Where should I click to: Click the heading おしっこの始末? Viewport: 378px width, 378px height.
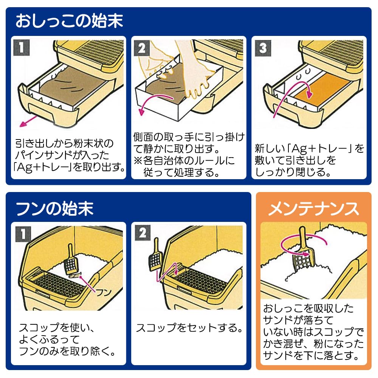[x=69, y=21]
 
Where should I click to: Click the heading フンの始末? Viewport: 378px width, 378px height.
[x=54, y=208]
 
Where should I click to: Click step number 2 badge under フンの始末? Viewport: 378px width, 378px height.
[x=143, y=233]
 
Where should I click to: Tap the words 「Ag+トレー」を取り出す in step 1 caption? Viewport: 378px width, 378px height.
[x=70, y=167]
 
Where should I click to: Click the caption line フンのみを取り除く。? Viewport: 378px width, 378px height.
[x=67, y=352]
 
